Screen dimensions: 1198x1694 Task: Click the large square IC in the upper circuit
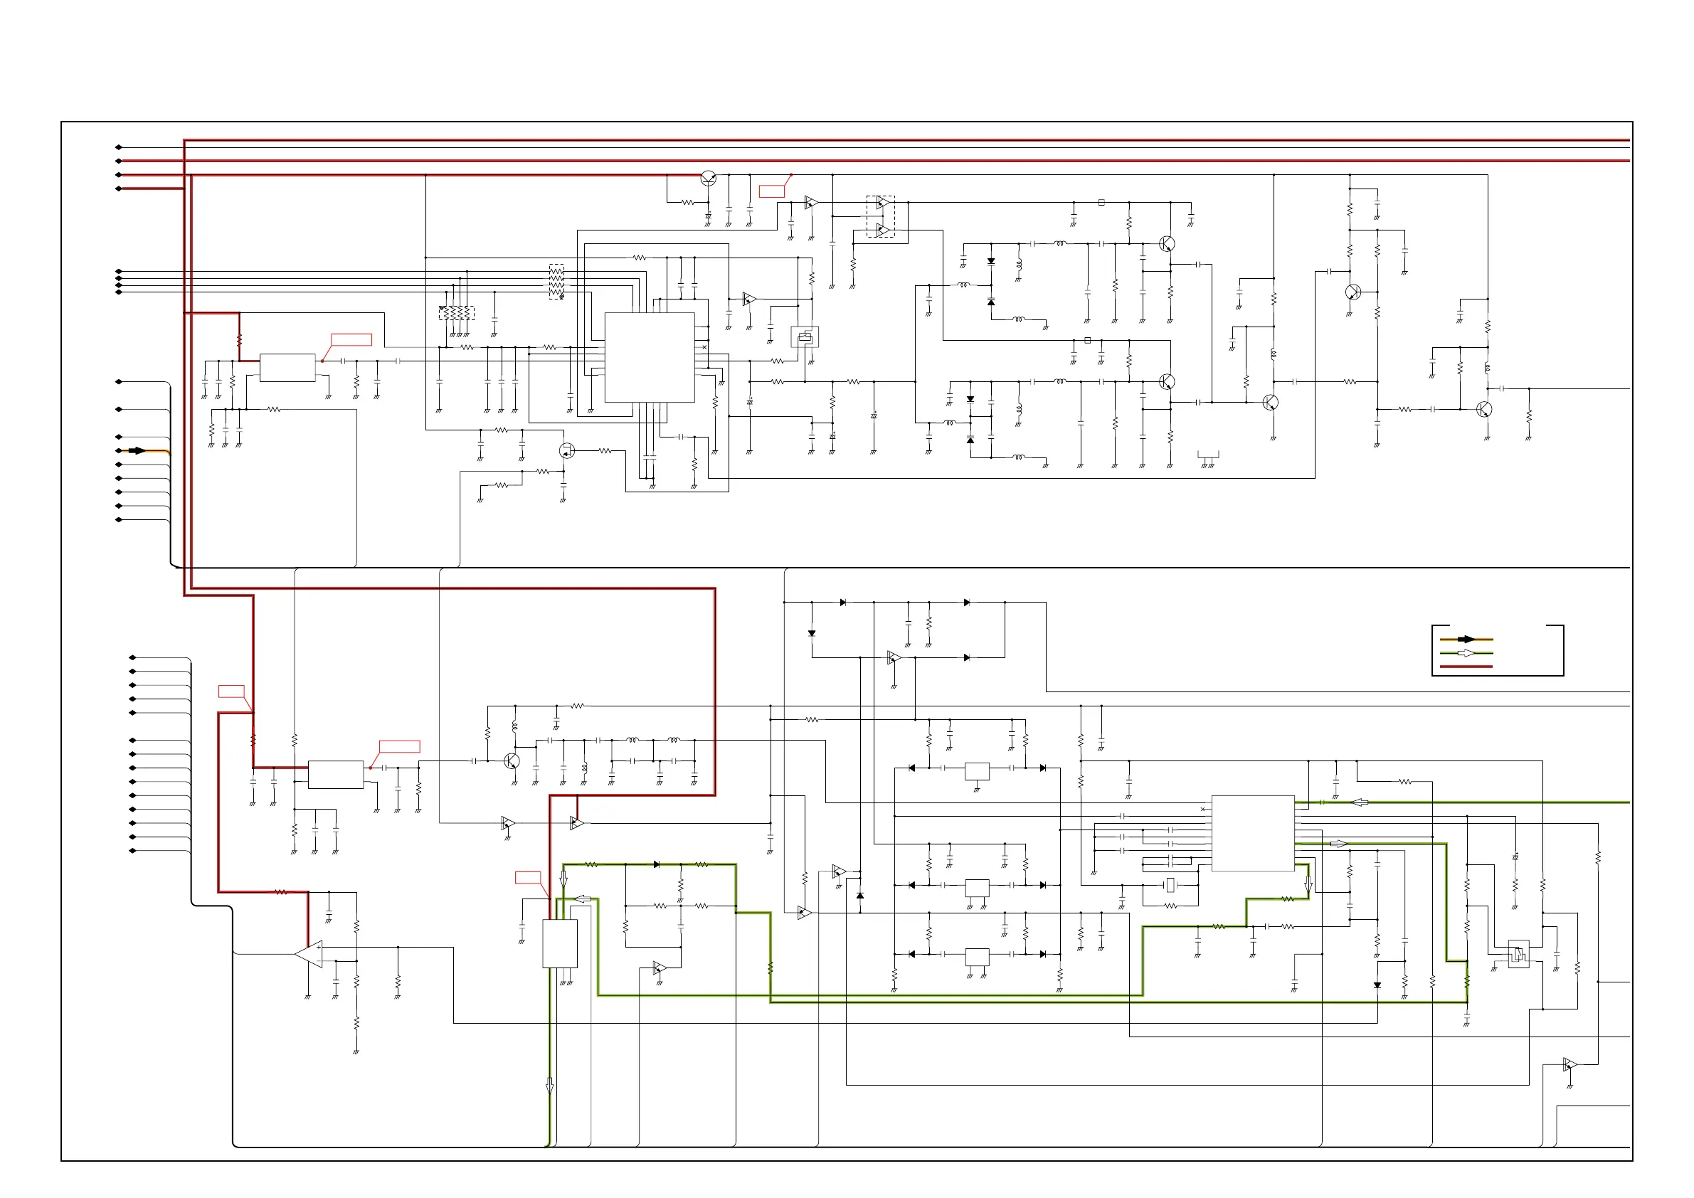click(x=650, y=357)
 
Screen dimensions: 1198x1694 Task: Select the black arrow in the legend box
click(x=1467, y=639)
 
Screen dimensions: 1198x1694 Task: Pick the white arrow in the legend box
click(x=1468, y=653)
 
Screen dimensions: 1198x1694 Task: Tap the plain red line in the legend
click(x=1466, y=666)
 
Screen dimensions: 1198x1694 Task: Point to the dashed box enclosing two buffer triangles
click(x=880, y=216)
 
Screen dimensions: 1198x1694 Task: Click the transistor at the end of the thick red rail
click(x=709, y=178)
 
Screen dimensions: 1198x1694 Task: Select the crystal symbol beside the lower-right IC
click(x=1170, y=884)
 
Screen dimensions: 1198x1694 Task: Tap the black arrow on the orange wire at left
click(x=138, y=451)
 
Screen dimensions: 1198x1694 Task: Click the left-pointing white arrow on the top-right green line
click(x=1359, y=802)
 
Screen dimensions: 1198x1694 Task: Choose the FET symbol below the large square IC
click(x=566, y=450)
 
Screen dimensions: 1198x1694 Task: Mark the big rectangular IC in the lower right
click(x=1253, y=833)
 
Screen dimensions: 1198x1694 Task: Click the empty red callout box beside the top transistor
click(x=772, y=192)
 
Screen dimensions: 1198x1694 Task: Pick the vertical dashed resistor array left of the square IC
click(x=557, y=281)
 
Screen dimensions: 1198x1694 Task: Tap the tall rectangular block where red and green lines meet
click(x=560, y=943)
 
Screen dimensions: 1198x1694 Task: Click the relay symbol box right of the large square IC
click(x=804, y=337)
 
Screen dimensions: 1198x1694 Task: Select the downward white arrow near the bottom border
click(x=550, y=1086)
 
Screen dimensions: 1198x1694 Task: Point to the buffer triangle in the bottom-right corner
click(x=1569, y=1065)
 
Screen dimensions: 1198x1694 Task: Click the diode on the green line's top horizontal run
click(x=656, y=864)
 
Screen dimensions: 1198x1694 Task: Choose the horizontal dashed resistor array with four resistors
click(x=456, y=314)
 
